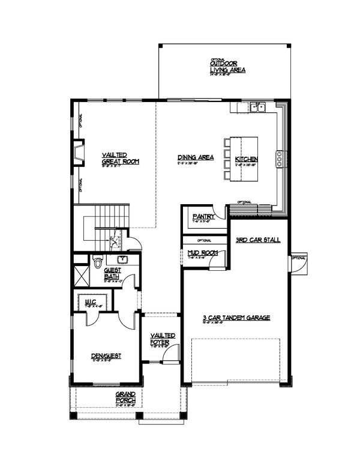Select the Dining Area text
[x=196, y=158]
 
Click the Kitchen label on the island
[x=246, y=159]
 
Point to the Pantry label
[x=200, y=217]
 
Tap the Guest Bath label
[x=113, y=273]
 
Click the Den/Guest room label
[x=107, y=356]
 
